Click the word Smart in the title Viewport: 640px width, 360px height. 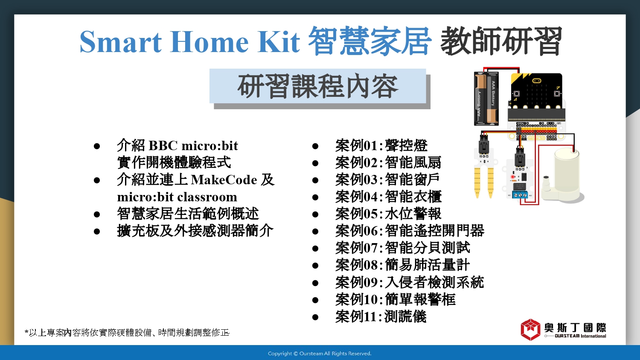(121, 42)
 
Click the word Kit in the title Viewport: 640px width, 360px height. (279, 42)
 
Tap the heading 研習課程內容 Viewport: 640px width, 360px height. (318, 86)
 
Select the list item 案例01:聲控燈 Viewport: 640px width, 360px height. (381, 146)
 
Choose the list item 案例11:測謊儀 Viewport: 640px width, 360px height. (381, 316)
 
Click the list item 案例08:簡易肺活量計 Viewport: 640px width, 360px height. (403, 265)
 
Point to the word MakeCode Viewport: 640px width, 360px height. (224, 180)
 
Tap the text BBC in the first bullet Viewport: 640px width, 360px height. (163, 146)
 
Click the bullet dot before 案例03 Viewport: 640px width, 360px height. (315, 180)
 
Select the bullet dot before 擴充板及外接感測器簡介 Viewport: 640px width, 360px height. (97, 232)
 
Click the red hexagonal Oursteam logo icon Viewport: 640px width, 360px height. (530, 330)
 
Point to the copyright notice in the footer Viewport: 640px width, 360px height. (320, 354)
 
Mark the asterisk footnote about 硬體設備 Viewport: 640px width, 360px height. (127, 333)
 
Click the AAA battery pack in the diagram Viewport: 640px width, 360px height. (486, 99)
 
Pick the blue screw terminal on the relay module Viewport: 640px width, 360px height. (520, 195)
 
